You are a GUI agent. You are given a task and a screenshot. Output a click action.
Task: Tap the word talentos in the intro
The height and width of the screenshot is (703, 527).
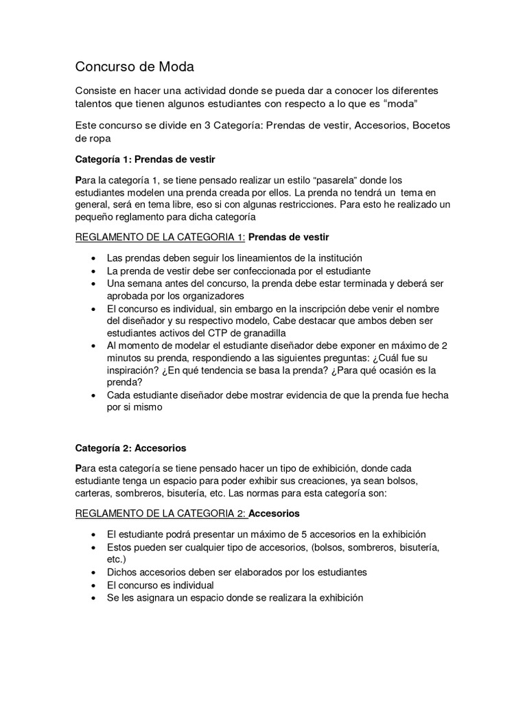click(97, 103)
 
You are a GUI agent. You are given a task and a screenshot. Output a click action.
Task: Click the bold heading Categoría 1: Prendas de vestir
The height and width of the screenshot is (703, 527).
click(145, 159)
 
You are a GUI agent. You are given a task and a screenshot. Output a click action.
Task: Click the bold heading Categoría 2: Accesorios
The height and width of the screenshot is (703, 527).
click(130, 448)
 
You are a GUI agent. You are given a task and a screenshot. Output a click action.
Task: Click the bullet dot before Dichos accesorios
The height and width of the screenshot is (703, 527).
click(93, 572)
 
